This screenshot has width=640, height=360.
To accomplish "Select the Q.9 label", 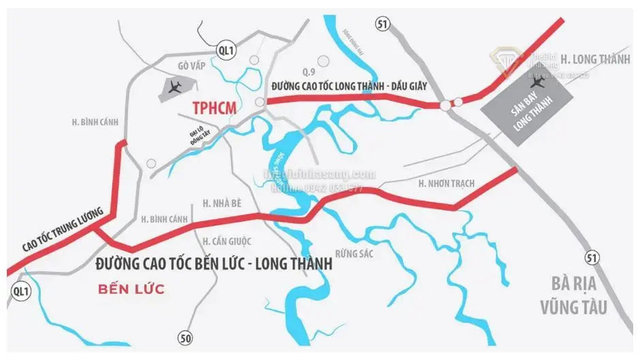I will pos(309,71).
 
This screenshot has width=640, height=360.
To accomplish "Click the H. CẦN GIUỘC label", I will pos(227,241).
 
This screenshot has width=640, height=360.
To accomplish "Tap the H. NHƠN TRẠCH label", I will pos(447,184).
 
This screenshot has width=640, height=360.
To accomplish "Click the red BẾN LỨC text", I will pos(131,289).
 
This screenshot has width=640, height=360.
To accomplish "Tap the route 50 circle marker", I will pos(185,337).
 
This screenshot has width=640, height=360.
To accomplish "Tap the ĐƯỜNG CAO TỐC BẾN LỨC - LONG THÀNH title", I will pos(214,263).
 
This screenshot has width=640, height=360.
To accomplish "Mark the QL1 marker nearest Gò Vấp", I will pos(226,50).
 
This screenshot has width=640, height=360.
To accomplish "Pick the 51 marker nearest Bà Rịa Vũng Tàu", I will pos(593,257).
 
